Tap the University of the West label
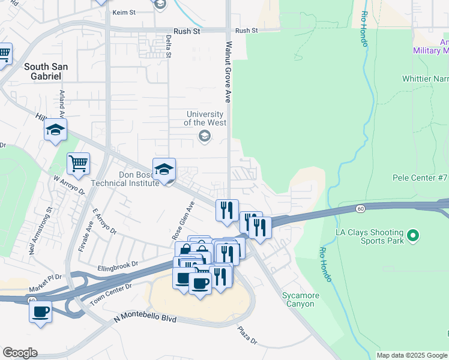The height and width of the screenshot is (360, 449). [x=205, y=118]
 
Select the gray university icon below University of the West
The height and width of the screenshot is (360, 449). [x=205, y=137]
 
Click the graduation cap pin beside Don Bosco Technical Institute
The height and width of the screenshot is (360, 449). [x=164, y=170]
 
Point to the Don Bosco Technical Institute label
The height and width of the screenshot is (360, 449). [x=125, y=178]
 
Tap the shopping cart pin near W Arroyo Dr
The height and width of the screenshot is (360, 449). [x=79, y=163]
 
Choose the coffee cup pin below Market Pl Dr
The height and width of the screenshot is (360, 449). [x=41, y=312]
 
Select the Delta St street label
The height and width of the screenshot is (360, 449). [x=169, y=47]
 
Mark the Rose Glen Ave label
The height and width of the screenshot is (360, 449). [x=184, y=219]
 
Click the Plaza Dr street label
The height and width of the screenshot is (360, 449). [x=247, y=335]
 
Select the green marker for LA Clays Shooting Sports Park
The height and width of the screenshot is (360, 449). [x=412, y=235]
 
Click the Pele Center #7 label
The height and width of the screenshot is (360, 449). [x=420, y=178]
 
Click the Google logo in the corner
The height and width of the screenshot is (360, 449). [x=20, y=353]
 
